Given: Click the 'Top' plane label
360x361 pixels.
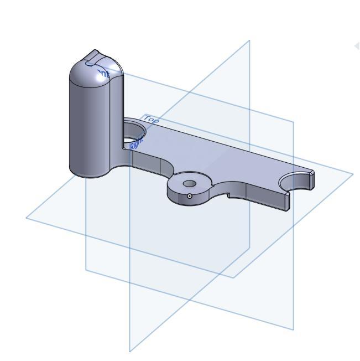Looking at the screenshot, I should tap(151, 119).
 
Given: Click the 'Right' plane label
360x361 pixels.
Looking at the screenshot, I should tap(136, 143).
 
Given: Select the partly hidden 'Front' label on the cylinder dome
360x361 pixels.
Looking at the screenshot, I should tap(102, 72).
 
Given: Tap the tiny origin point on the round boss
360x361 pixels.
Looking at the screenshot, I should tap(190, 195).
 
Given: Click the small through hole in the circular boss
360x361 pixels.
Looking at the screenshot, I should tap(190, 183).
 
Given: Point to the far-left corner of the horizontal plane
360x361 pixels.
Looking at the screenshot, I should tap(27, 218).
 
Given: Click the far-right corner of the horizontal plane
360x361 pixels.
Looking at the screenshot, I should tap(352, 173).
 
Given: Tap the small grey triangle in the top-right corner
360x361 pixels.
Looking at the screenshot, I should tap(357, 46).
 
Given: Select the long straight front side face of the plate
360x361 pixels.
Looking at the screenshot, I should tap(265, 197).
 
